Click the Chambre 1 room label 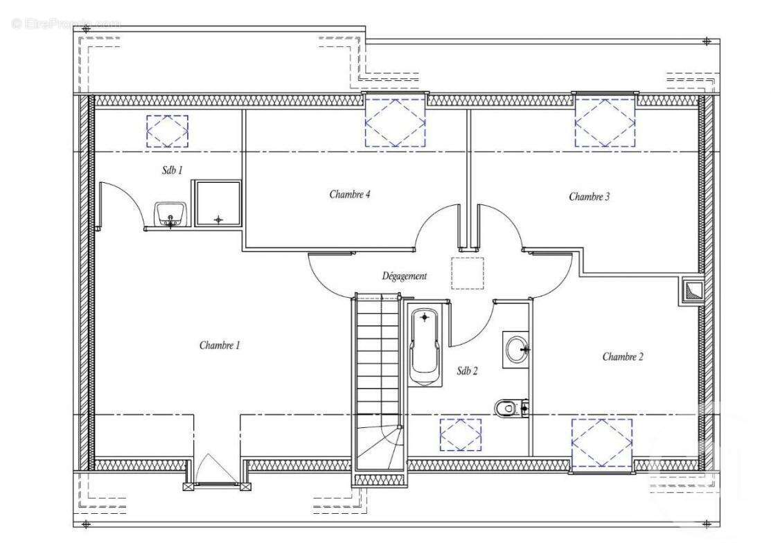[220, 345]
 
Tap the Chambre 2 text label [622, 357]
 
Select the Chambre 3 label [589, 197]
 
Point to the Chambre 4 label [349, 195]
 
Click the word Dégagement [405, 276]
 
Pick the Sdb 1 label [172, 170]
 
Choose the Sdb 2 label [467, 371]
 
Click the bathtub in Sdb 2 [425, 345]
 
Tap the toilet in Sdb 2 [511, 408]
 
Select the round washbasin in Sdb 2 [517, 349]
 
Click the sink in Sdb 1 [170, 215]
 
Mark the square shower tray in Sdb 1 [218, 204]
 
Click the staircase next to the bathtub [378, 374]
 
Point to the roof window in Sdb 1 [167, 131]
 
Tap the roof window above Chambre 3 [605, 122]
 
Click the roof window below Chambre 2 [601, 444]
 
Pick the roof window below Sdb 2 [461, 435]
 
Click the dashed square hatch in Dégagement [467, 273]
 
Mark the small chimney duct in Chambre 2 [691, 292]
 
